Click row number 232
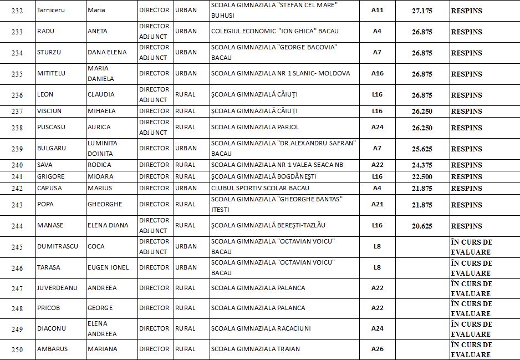coord(17,11)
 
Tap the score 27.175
coord(422,11)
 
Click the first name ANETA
coord(98,31)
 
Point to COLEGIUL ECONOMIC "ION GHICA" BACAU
coord(274,31)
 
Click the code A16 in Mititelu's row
coord(377,73)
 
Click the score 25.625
coord(422,149)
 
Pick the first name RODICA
coord(99,165)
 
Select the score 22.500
coord(422,176)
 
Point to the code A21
coord(377,204)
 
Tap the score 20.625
coord(422,226)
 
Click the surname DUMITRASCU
coord(58,246)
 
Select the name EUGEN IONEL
coord(108,267)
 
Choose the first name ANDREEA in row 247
coord(102,288)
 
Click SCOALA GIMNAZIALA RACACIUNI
coord(261,328)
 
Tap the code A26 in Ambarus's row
coord(377,349)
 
